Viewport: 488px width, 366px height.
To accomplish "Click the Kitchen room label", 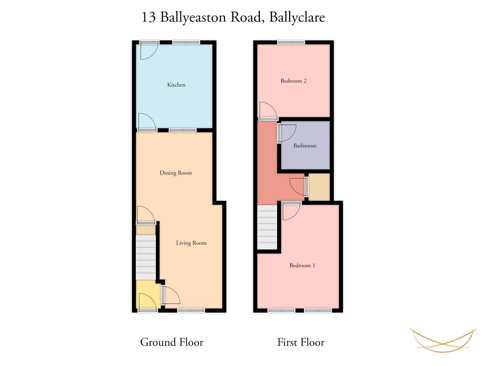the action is coord(176,85).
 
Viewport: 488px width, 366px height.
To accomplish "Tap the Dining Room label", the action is coord(176,173).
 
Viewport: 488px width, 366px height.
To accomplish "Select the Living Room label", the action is coord(191,243).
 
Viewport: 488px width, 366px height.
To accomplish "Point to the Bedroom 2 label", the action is coord(293,81).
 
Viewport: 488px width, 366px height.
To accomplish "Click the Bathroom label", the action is coord(305,146).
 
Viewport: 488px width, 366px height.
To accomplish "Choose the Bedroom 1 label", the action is coord(302,265).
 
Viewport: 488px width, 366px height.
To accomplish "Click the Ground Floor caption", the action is coord(171,342).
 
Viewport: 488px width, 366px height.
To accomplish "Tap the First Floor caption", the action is coord(301,342).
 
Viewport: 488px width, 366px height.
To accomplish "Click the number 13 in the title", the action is coord(148,17).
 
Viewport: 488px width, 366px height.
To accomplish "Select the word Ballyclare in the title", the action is coord(297,17).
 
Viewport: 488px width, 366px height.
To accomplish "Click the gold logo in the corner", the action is coord(443,340).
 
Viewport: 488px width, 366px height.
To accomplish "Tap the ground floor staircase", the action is coord(146,257).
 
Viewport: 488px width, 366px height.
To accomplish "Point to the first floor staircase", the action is coord(267,227).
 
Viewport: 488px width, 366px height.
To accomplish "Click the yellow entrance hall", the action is coord(148,294).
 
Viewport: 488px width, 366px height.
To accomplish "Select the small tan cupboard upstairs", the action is coord(319,187).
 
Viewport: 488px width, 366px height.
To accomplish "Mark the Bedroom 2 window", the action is coord(291,42).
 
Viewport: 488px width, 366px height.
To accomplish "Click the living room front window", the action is coord(191,310).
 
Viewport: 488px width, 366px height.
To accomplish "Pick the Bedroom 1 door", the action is coord(291,211).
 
